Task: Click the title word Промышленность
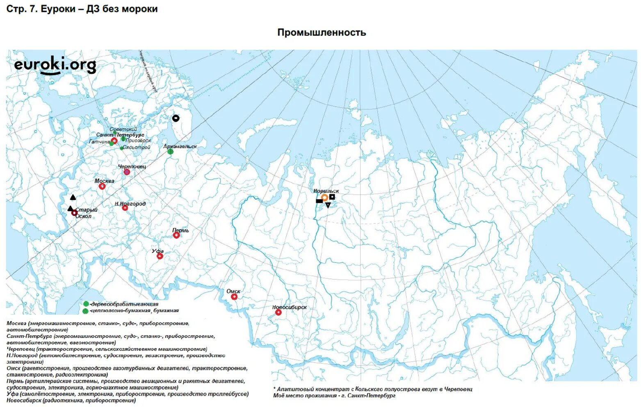point(322,33)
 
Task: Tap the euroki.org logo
point(55,66)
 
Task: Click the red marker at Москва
point(102,187)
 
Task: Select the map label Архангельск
point(180,146)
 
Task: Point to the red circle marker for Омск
point(234,297)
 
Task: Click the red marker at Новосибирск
point(278,312)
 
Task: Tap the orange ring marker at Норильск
point(324,198)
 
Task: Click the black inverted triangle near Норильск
point(328,205)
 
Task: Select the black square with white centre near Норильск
point(332,197)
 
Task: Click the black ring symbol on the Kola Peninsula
point(176,118)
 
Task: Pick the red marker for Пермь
point(176,235)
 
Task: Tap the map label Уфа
point(158,251)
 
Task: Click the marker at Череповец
point(127,172)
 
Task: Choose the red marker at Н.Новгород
point(125,208)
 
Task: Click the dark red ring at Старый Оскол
point(74,213)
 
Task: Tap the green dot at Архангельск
point(170,152)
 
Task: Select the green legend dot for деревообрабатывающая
point(86,304)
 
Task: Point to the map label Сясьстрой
point(137,148)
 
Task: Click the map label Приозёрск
point(139,141)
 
